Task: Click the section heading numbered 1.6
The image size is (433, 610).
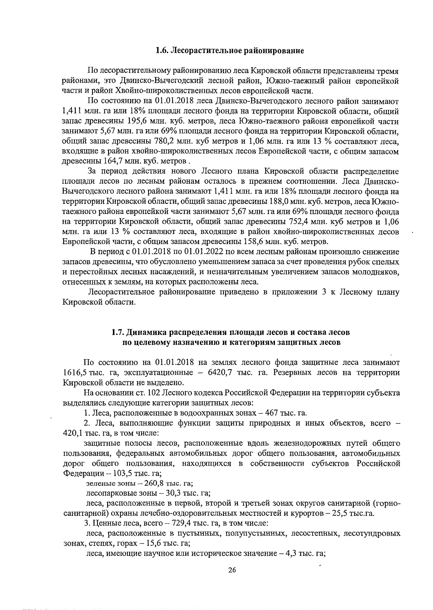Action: click(x=230, y=51)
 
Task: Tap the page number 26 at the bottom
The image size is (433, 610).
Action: click(x=232, y=570)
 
